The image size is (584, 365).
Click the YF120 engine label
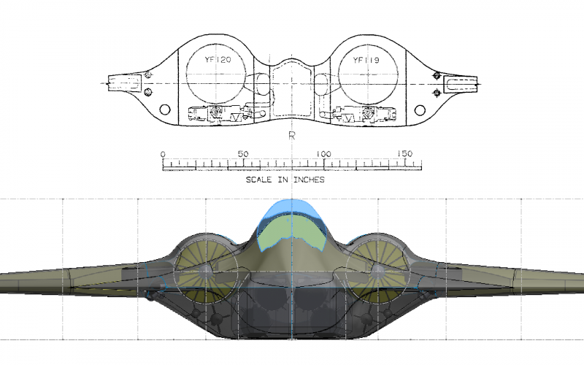[218, 60]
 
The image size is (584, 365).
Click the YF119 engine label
[366, 61]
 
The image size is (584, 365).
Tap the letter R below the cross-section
[291, 136]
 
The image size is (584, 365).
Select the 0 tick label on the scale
[163, 154]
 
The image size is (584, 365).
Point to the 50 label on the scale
[243, 154]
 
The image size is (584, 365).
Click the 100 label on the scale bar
[323, 154]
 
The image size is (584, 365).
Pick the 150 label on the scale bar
[404, 153]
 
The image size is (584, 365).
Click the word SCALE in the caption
[258, 180]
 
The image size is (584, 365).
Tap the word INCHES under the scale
[309, 180]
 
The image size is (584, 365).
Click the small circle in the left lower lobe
[165, 109]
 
